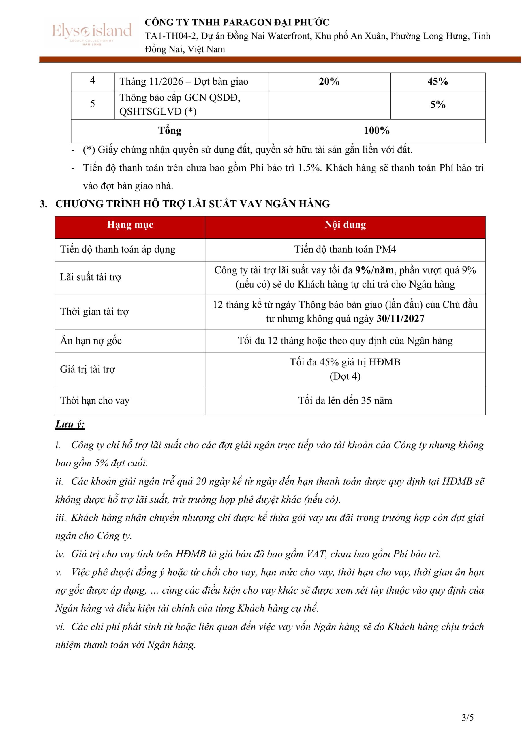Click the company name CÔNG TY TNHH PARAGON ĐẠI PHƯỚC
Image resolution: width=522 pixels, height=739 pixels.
point(237,23)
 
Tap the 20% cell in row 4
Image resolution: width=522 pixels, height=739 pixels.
point(329,82)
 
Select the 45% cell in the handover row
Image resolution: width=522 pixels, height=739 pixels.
point(437,82)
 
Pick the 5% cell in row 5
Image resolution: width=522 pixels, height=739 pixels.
point(437,104)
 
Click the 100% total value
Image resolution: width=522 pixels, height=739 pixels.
point(376,131)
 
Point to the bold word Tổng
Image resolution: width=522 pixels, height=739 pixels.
point(170,131)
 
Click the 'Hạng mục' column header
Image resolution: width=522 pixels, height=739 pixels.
point(130,225)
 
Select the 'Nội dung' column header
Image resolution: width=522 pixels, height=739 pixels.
point(345,225)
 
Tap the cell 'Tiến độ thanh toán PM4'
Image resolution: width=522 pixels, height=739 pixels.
point(345,249)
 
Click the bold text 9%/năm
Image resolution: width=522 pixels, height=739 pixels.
point(374,270)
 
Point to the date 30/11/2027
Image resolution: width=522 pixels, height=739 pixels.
point(400,319)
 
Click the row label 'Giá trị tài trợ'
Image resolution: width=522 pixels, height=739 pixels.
point(87,369)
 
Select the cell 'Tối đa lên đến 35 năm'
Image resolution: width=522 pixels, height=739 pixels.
point(345,401)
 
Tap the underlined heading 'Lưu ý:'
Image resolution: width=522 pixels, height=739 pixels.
point(70,425)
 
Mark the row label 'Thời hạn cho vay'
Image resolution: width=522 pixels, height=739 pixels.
point(95,401)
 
